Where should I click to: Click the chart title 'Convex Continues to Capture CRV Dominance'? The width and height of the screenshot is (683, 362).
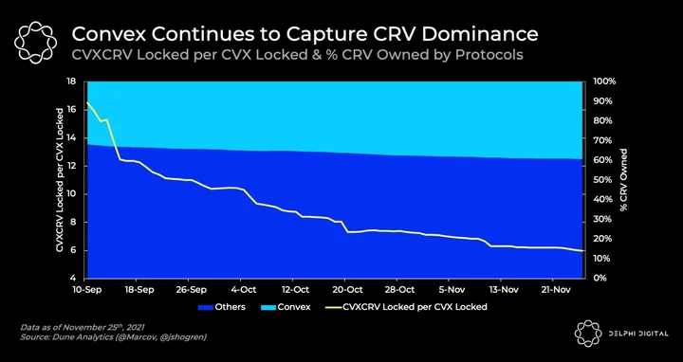[x=305, y=34]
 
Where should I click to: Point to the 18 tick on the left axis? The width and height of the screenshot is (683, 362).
[x=72, y=81]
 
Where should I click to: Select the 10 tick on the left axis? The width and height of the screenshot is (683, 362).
[x=72, y=194]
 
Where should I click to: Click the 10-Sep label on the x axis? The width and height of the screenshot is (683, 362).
[x=88, y=290]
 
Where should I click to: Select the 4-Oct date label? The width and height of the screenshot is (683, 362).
[x=242, y=290]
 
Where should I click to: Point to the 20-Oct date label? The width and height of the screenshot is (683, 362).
[x=345, y=290]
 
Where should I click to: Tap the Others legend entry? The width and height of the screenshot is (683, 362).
[x=222, y=307]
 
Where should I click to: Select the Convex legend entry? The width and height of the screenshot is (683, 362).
[x=286, y=307]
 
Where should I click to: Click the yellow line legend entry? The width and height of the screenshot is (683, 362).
[x=406, y=307]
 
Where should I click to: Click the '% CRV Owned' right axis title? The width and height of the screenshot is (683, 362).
[x=623, y=180]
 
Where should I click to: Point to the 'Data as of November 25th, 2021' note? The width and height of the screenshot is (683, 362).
[x=83, y=327]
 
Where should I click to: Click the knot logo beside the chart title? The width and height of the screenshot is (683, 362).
[x=35, y=43]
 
